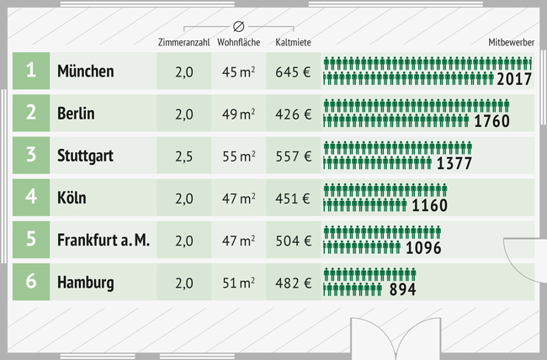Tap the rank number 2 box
31,114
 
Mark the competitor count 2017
514,79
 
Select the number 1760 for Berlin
491,121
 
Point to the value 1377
454,163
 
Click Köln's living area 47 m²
238,199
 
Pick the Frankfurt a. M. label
104,241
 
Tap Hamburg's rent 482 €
293,283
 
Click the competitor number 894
401,289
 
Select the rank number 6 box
31,282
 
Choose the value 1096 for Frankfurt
423,248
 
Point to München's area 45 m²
238,72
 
